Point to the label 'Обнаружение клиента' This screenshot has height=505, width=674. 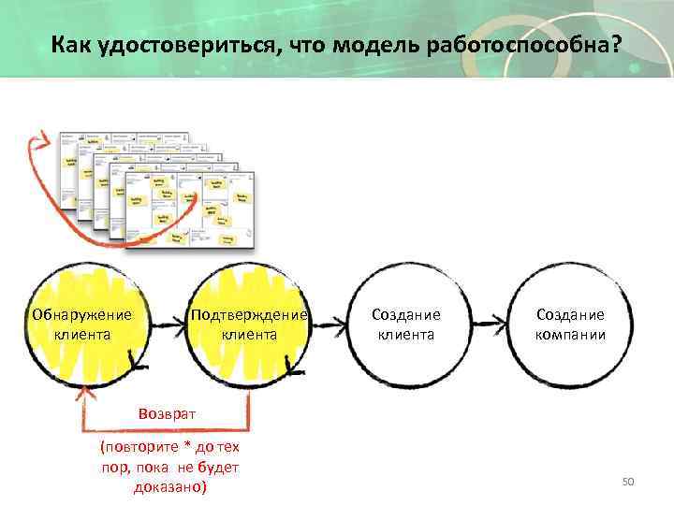click(82, 324)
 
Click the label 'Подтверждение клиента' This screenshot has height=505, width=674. click(249, 324)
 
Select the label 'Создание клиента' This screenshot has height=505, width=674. click(405, 324)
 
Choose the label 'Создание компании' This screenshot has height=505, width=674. click(570, 324)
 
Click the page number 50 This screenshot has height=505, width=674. click(628, 481)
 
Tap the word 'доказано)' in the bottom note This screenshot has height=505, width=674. click(169, 487)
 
